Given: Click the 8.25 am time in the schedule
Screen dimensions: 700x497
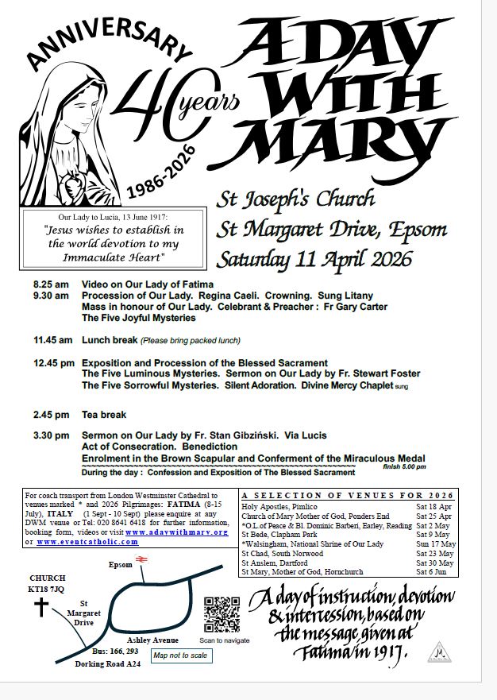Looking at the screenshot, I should click(51, 284).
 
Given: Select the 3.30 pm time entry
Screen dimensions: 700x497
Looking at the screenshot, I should click(51, 436).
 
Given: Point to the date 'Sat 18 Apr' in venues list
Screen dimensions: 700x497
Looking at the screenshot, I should click(433, 506).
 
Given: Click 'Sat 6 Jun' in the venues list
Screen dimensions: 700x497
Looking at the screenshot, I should click(432, 572).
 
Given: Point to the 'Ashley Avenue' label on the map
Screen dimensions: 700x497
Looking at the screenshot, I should click(152, 640).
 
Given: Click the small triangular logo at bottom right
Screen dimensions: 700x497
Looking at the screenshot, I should click(438, 652).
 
